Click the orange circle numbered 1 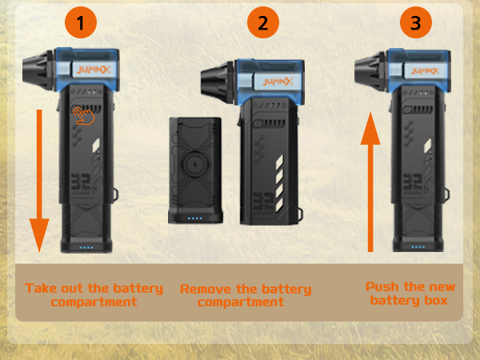(81, 22)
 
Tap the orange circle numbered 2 (263, 22)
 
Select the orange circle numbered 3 (416, 22)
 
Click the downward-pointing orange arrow (39, 181)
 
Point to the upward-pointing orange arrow (370, 182)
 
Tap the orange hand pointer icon (83, 116)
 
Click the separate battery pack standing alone (195, 170)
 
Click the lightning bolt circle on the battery (195, 165)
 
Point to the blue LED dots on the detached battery (194, 218)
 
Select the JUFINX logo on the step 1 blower (94, 70)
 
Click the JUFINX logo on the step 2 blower (278, 82)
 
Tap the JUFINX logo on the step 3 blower (426, 72)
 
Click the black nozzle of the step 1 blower (38, 70)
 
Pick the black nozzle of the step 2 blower (218, 82)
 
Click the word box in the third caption (436, 300)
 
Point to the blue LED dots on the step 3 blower (418, 246)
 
